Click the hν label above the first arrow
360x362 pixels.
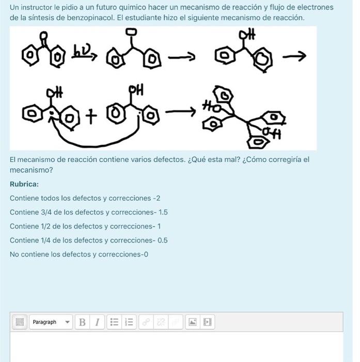(83, 51)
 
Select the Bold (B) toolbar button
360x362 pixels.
(82, 322)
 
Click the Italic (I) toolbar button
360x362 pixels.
(97, 322)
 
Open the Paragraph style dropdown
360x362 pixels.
(51, 322)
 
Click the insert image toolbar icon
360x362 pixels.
(192, 322)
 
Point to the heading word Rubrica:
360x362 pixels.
(24, 184)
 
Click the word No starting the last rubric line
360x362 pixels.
(14, 254)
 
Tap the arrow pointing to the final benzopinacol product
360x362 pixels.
(183, 111)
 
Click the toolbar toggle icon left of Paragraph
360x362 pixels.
(20, 322)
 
